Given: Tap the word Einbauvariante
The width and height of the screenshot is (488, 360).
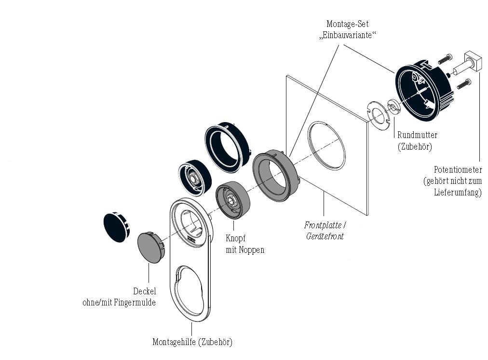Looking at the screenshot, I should (x=348, y=35).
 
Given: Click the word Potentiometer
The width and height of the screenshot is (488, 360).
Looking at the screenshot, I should (x=458, y=170).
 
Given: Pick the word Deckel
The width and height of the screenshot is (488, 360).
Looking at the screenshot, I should (x=144, y=291).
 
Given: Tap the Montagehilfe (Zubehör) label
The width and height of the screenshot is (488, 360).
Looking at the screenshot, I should (x=192, y=342).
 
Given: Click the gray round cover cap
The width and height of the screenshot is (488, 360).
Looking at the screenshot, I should (x=150, y=247).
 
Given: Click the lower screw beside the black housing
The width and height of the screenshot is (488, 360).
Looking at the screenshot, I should (x=462, y=83).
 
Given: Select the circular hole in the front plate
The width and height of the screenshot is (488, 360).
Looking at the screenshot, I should (x=327, y=146).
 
